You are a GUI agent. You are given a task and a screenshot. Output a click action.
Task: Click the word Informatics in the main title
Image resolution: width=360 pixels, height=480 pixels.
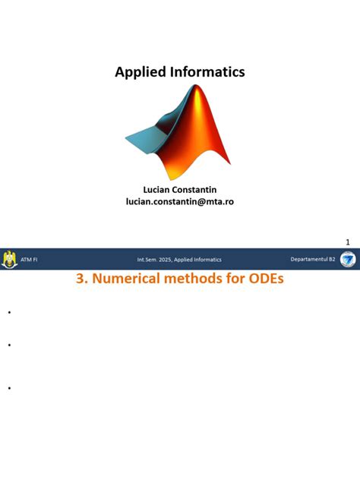tap(207, 72)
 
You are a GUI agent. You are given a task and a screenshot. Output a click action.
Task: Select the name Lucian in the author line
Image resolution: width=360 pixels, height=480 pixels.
tap(158, 188)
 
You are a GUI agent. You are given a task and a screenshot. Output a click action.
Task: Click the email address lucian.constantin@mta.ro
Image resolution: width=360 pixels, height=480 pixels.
tap(180, 201)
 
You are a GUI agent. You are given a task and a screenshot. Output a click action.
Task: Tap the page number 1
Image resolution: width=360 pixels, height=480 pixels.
tap(348, 242)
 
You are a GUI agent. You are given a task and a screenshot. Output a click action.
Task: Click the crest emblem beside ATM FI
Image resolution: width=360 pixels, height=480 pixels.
tap(10, 260)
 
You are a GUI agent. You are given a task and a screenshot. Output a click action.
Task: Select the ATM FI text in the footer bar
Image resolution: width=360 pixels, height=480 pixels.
tap(30, 260)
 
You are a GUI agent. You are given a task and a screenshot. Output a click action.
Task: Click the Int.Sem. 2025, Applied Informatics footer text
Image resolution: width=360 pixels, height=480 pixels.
tap(179, 260)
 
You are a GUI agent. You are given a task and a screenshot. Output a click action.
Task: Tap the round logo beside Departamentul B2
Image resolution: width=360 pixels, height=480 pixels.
tap(347, 260)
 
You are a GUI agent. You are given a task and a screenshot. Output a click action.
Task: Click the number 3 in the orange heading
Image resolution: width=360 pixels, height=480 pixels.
tap(81, 279)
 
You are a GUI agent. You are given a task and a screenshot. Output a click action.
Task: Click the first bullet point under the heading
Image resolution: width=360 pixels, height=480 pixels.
tap(8, 312)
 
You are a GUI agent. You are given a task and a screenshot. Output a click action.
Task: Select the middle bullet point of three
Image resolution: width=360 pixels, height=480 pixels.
tap(8, 345)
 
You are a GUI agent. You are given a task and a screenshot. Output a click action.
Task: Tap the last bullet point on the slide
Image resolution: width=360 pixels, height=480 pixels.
tap(8, 388)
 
